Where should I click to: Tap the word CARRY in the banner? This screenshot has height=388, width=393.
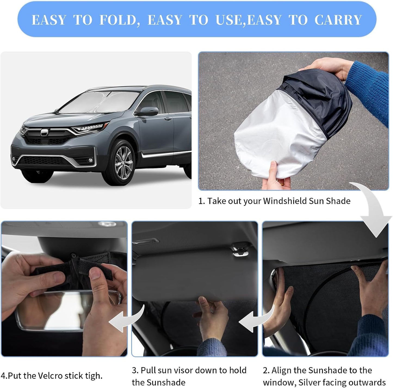338,20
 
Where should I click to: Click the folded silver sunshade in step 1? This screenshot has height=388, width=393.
277,134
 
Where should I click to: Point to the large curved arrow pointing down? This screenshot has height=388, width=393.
374,210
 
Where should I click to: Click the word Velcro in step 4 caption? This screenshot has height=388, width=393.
52,376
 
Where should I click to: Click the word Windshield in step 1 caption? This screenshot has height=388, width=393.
284,201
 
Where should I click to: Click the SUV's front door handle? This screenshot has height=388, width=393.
168,119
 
